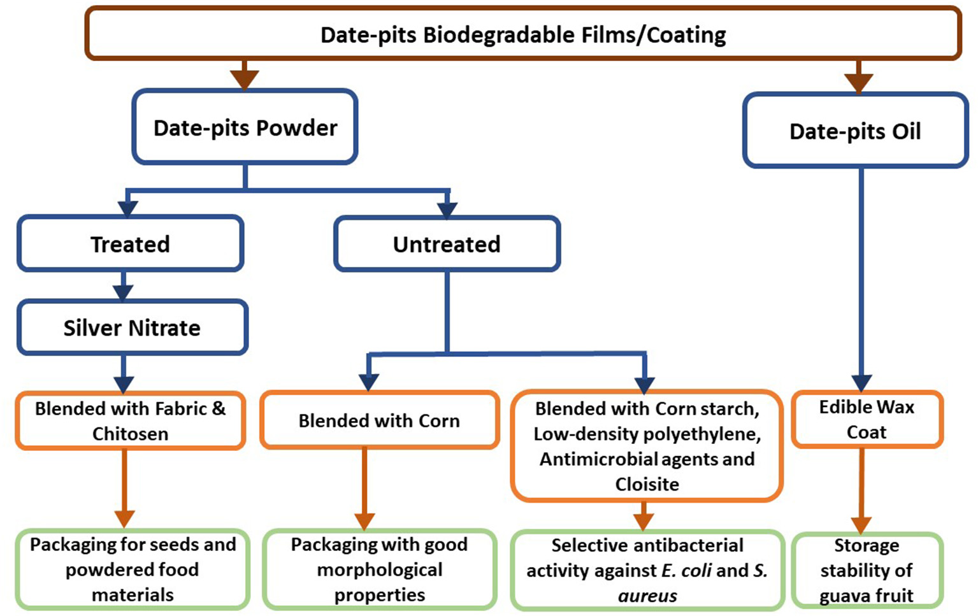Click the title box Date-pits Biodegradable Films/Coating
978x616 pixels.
click(522, 34)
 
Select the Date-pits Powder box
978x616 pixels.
click(245, 127)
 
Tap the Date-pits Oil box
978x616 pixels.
click(855, 131)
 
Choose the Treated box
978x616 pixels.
click(130, 244)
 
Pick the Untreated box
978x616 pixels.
click(447, 244)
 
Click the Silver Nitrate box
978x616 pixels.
click(132, 327)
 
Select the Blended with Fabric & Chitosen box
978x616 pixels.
click(130, 420)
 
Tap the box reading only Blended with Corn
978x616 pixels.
click(379, 420)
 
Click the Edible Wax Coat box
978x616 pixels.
click(867, 419)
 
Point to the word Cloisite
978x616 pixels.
click(647, 484)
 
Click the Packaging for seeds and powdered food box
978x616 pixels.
click(133, 569)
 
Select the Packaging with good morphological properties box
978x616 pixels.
click(380, 569)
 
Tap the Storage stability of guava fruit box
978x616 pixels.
click(867, 570)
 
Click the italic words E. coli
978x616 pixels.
click(686, 570)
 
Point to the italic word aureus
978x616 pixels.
click(647, 596)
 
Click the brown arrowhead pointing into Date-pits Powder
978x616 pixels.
click(245, 79)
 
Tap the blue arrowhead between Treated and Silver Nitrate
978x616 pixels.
click(123, 292)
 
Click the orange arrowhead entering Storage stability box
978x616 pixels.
click(861, 525)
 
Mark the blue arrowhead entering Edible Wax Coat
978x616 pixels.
click(861, 382)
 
